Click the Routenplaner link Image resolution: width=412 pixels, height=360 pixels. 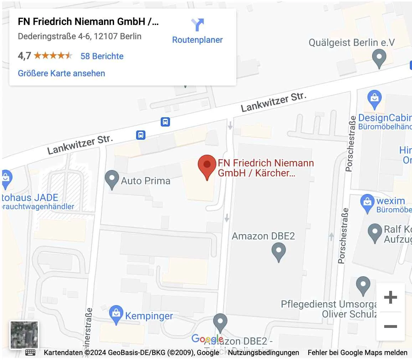tap(197, 40)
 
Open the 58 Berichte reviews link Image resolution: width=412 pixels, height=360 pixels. tap(102, 56)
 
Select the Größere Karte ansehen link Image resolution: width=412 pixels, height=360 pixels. tap(61, 73)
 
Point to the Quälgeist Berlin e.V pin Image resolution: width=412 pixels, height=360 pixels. tap(379, 58)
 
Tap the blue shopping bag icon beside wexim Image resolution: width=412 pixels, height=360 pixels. tap(367, 203)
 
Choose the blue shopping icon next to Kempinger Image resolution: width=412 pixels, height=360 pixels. tap(116, 314)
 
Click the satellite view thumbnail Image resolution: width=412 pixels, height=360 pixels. tap(24, 335)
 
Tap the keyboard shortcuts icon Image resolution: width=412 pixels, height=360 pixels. tap(30, 353)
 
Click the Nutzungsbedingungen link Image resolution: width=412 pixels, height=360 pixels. tap(263, 353)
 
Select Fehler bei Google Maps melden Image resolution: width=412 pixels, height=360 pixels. tap(357, 353)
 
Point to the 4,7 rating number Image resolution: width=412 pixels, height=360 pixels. tap(24, 56)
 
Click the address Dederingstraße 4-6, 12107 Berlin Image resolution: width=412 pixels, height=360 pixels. tap(79, 36)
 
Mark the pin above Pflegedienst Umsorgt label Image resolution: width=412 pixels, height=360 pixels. tap(363, 286)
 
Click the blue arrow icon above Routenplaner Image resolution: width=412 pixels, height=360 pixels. tap(197, 25)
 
